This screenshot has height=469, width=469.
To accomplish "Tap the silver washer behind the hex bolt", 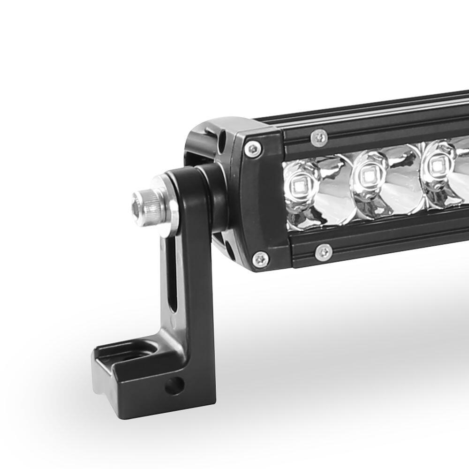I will (x=167, y=207).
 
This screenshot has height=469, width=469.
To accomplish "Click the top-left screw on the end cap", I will (x=253, y=150).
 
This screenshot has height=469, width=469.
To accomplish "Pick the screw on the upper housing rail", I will (x=319, y=137).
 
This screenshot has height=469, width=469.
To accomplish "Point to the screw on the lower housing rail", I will (x=324, y=252).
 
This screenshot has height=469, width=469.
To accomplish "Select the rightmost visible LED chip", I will (x=437, y=166).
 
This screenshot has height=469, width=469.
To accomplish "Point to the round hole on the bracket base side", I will (x=174, y=386).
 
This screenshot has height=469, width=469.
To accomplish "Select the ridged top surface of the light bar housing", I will (x=375, y=110).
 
